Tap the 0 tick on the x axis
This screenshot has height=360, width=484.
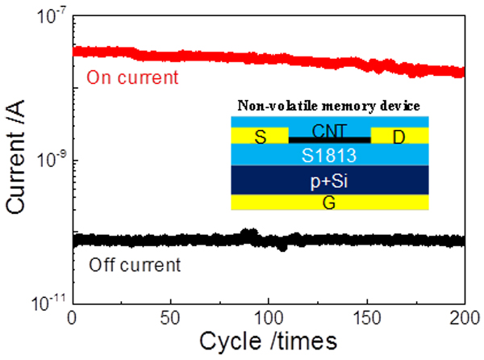73,316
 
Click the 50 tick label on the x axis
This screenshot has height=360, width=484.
171,316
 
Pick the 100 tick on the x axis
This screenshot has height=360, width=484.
269,316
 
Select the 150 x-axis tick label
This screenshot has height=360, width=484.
367,316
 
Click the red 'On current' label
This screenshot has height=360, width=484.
131,79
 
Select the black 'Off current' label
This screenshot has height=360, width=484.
133,264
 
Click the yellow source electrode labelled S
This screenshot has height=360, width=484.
259,136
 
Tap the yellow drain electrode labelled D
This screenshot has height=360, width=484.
400,136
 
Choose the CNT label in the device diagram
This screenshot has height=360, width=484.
329,128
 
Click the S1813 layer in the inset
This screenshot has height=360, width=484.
329,154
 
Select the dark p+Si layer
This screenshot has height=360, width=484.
329,181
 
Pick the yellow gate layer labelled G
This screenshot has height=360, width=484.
329,202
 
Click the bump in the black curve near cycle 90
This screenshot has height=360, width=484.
249,234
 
